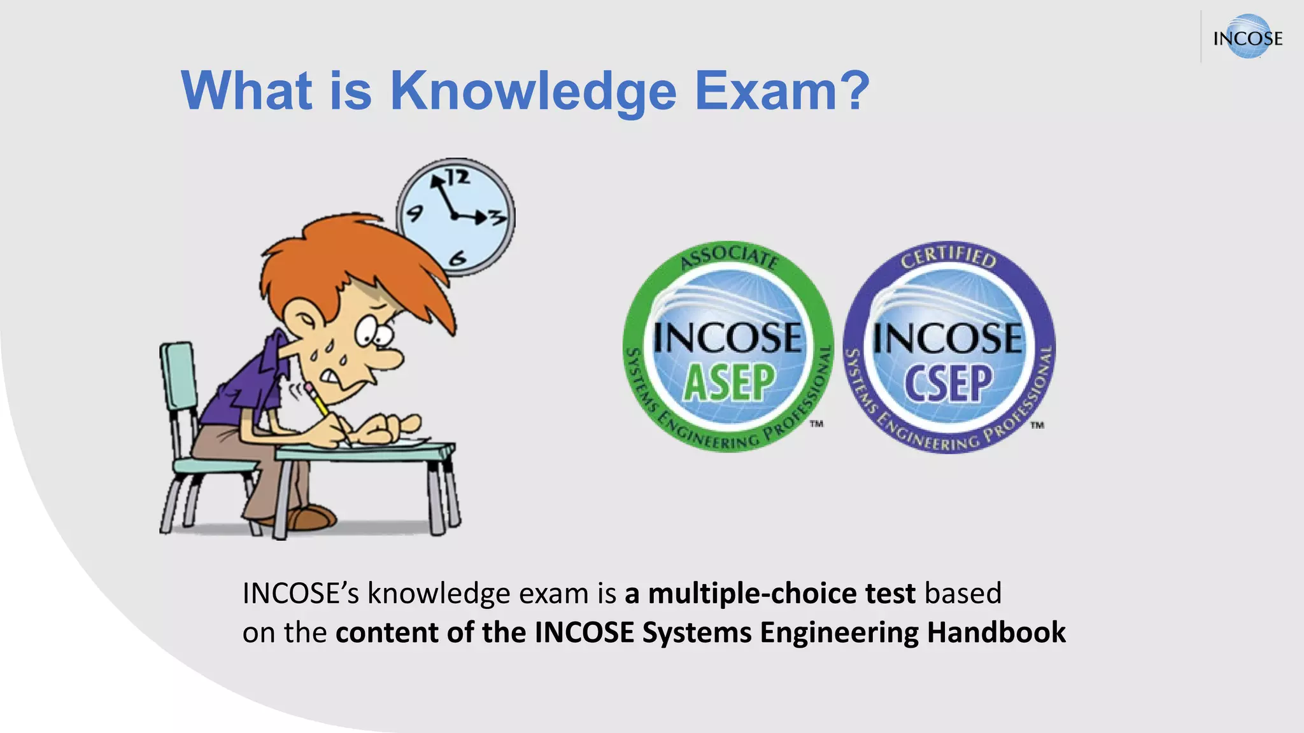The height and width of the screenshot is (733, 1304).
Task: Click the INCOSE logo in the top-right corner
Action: tap(1247, 38)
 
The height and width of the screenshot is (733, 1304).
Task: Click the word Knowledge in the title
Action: tap(533, 91)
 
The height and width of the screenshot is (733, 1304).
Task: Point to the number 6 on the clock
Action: tap(458, 258)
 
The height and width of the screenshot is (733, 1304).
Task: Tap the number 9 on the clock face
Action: tap(415, 213)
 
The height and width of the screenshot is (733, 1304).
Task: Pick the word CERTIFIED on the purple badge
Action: tap(948, 256)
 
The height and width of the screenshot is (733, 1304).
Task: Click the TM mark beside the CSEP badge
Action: tap(1037, 425)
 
